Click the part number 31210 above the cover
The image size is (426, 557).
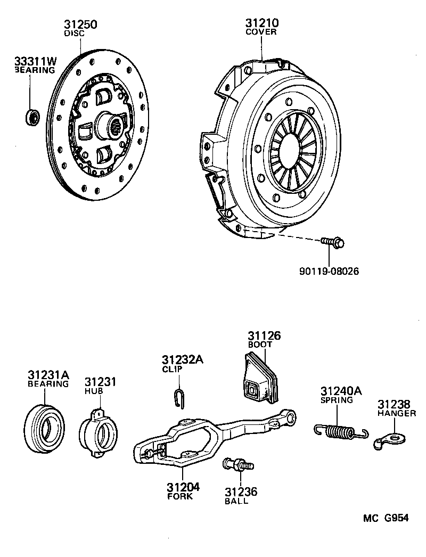[261, 23]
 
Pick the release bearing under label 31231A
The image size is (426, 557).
[45, 423]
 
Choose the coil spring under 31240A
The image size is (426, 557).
[339, 429]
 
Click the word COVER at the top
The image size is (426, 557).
[261, 32]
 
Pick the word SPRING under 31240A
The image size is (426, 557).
[337, 400]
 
